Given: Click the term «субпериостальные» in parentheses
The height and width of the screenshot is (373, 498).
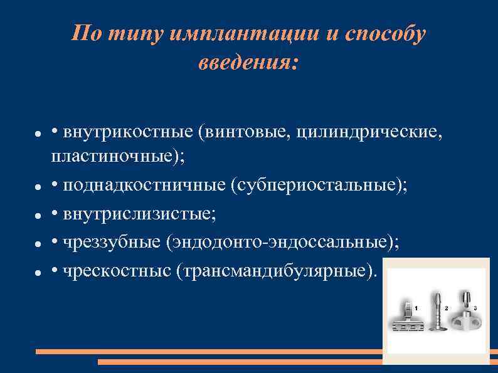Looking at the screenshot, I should point(315,186).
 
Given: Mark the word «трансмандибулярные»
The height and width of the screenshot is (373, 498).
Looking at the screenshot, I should point(275,270).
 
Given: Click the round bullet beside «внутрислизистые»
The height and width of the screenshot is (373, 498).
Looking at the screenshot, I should point(38,215).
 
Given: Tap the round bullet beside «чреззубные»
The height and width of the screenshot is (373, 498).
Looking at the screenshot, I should point(38,243).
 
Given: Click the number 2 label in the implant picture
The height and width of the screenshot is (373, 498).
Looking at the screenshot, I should point(446,308).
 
